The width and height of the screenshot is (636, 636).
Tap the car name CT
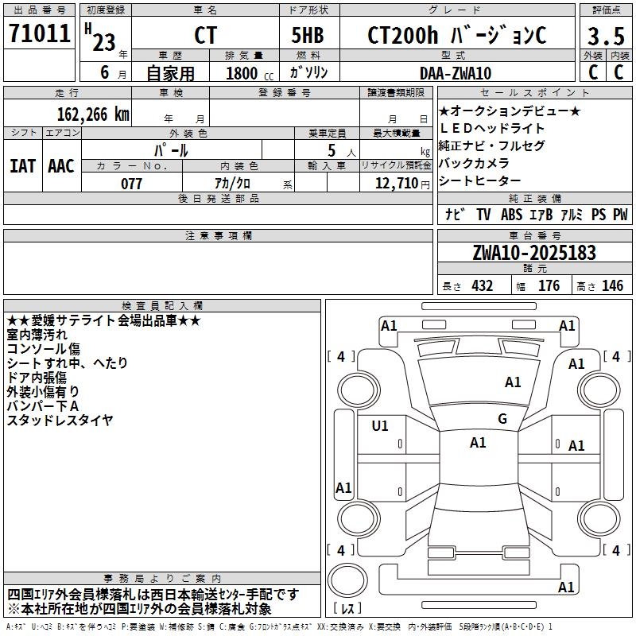tap(205, 37)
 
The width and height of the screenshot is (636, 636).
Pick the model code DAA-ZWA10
tap(455, 73)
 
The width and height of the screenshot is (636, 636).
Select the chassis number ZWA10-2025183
tap(533, 253)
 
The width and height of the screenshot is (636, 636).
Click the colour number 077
tap(131, 184)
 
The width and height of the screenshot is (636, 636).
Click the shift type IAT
tap(23, 166)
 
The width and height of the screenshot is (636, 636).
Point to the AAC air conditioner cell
tap(61, 166)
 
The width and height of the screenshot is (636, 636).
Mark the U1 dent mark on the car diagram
tap(381, 425)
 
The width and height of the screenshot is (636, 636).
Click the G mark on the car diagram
tap(502, 419)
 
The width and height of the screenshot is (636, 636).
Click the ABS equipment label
tap(511, 215)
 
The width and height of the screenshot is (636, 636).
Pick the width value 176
tap(549, 286)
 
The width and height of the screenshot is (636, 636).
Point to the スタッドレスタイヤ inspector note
tap(60, 420)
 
